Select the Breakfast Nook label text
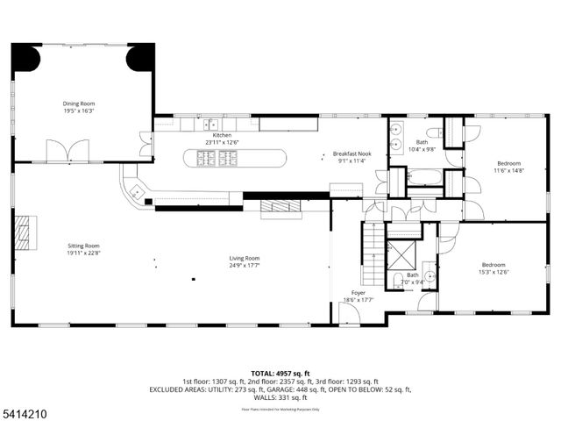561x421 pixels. click(x=355, y=153)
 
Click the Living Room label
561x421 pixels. click(x=245, y=258)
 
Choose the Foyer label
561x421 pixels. click(x=359, y=293)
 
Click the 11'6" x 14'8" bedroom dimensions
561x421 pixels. click(x=508, y=171)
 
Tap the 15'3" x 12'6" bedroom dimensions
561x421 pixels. click(x=494, y=272)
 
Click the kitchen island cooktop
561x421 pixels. click(x=217, y=158)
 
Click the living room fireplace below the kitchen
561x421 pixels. click(x=280, y=207)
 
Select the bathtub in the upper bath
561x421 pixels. click(x=425, y=176)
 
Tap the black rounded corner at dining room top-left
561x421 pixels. click(x=25, y=57)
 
